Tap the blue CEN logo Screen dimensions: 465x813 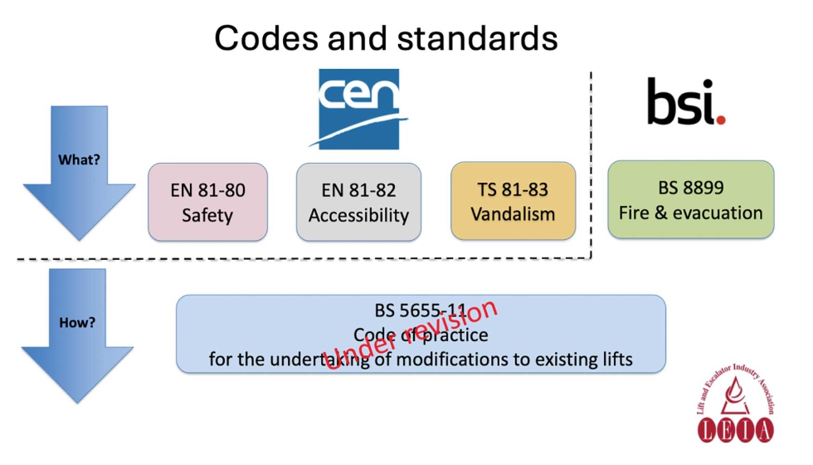click(359, 108)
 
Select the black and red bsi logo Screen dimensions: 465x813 click(685, 101)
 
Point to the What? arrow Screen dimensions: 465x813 click(79, 170)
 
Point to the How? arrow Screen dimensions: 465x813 click(77, 332)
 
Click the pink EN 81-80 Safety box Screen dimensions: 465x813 click(207, 202)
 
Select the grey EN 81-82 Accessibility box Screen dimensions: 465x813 click(358, 202)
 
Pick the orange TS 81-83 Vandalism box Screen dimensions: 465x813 click(513, 201)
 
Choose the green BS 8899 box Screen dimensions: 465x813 click(690, 199)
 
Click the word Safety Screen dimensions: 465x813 click(207, 215)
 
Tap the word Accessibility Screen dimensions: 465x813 click(358, 215)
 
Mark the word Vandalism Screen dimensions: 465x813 click(513, 214)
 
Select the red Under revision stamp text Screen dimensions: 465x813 click(411, 334)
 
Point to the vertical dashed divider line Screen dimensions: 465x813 click(591, 166)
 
